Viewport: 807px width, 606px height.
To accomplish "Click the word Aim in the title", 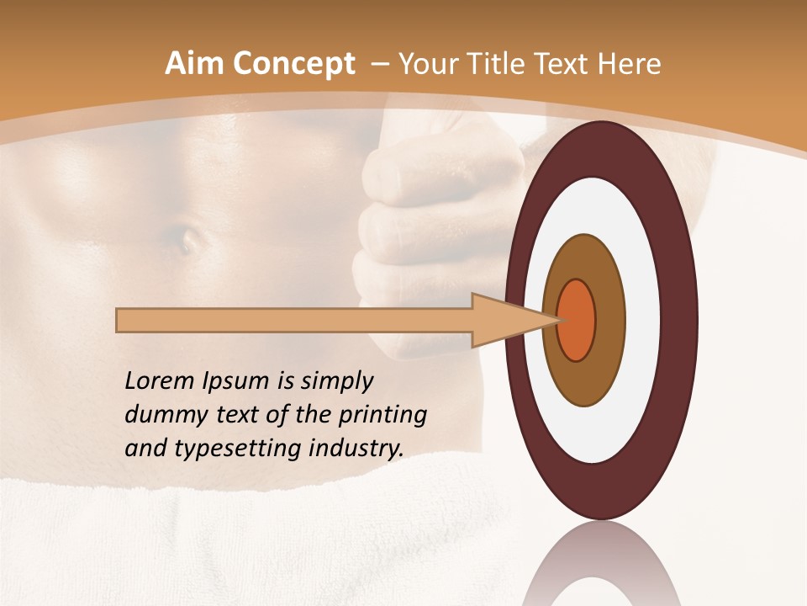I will click(196, 64).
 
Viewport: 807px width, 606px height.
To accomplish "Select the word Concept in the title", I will click(294, 65).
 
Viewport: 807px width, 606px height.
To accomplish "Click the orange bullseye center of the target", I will click(576, 320).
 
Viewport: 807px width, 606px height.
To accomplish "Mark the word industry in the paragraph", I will click(356, 449).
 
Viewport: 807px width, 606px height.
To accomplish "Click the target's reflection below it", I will click(601, 564).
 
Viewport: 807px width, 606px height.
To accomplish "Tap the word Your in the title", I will click(429, 64).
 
